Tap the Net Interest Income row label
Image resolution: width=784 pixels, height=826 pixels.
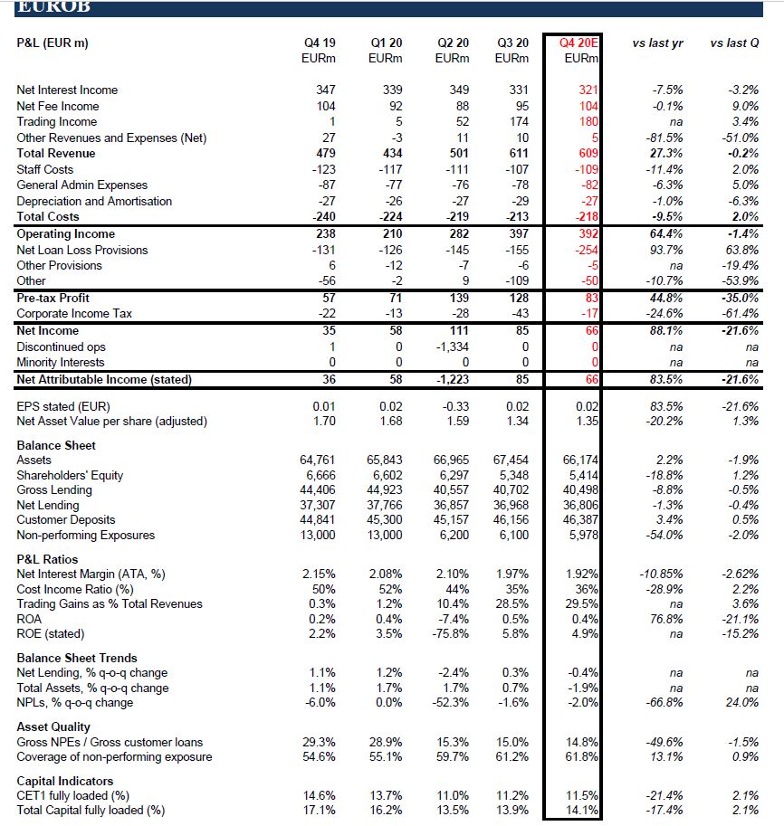[67, 90]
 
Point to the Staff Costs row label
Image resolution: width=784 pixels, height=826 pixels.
[45, 170]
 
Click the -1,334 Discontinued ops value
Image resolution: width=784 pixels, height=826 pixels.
[452, 347]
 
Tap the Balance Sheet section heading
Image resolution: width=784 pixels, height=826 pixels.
[56, 445]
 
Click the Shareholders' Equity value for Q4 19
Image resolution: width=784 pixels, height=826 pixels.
[320, 476]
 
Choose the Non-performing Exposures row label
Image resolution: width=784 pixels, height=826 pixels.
[86, 535]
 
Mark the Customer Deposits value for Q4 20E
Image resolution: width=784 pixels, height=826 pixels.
[580, 520]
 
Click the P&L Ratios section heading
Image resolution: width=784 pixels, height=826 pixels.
[47, 559]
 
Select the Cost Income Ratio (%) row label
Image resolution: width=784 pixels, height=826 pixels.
[75, 589]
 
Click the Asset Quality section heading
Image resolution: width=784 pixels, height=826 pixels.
[53, 726]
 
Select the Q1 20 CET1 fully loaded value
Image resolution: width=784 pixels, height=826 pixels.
[387, 796]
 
